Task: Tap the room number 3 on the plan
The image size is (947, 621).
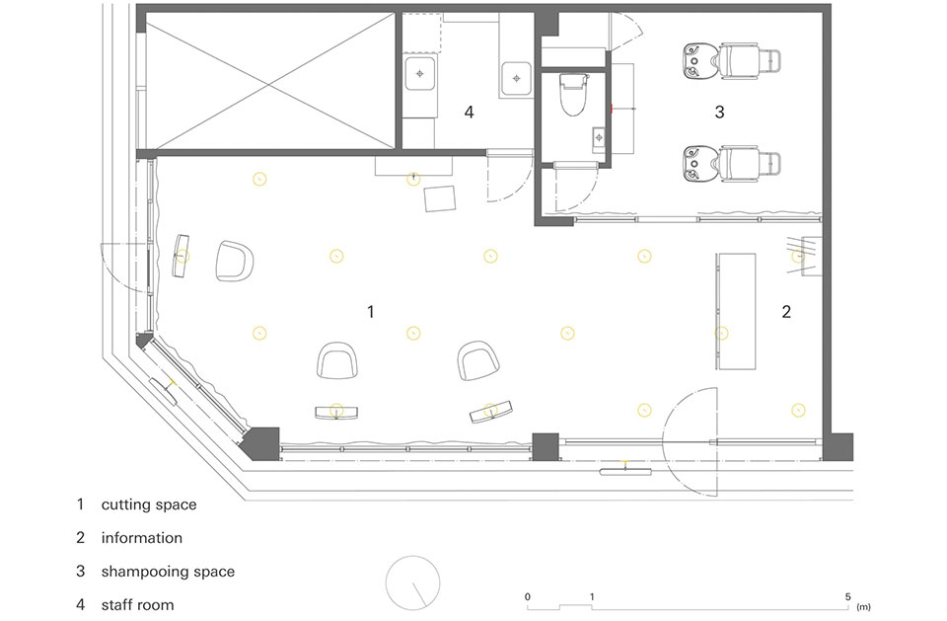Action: [x=719, y=112]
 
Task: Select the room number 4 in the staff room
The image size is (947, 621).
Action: [x=470, y=112]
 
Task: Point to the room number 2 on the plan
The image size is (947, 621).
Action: [x=786, y=312]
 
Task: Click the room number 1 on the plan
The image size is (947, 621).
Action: [x=371, y=312]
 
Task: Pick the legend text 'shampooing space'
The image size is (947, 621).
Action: [x=168, y=572]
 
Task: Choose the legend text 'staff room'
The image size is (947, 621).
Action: [x=138, y=605]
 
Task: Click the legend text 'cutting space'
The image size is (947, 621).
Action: [x=149, y=505]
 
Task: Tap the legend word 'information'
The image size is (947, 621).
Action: [x=142, y=538]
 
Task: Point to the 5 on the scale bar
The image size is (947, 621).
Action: [x=847, y=597]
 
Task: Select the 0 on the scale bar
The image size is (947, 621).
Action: [x=527, y=597]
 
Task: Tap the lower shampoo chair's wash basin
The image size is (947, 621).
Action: [x=696, y=163]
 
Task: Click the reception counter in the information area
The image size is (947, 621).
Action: [x=736, y=311]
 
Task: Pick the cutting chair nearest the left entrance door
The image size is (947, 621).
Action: [x=235, y=262]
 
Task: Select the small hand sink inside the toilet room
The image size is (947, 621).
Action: [x=599, y=138]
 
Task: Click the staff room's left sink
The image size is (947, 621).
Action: [x=420, y=74]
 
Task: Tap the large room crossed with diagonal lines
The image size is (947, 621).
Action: [x=270, y=80]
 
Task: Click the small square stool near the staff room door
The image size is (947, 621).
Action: [x=440, y=199]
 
